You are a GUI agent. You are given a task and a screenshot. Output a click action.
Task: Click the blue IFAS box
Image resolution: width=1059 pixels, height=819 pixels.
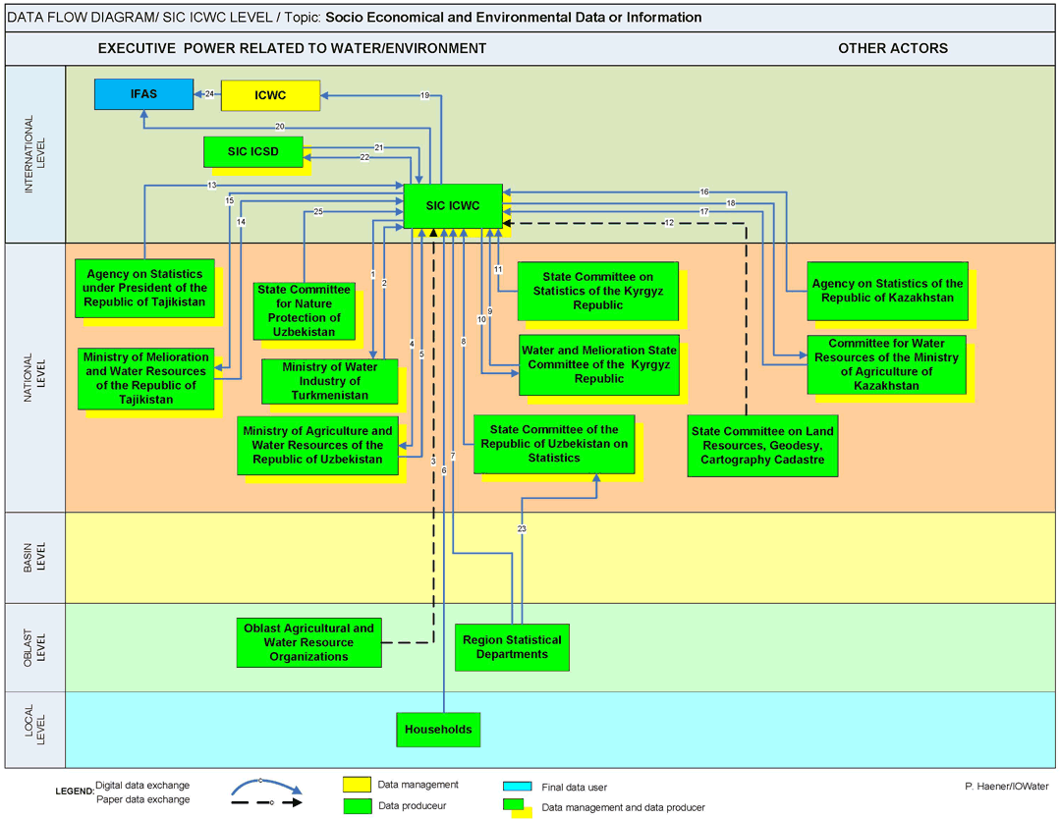(x=144, y=94)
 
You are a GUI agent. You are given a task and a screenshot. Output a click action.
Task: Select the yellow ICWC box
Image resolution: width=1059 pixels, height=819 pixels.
(x=270, y=95)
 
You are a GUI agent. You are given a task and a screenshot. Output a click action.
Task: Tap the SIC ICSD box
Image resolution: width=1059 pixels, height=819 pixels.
(x=252, y=152)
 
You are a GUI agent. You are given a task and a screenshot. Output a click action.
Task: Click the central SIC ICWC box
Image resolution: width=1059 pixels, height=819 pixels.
(x=453, y=206)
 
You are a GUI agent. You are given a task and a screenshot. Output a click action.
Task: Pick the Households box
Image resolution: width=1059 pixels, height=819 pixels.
(x=438, y=730)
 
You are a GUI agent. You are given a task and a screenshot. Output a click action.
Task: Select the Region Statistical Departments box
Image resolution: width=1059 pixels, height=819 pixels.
(x=512, y=647)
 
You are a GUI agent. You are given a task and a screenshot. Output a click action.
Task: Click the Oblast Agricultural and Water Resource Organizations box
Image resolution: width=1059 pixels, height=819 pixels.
(x=308, y=642)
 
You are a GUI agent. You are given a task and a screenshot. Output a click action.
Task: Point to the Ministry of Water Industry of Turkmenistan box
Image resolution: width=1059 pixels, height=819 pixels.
(x=330, y=381)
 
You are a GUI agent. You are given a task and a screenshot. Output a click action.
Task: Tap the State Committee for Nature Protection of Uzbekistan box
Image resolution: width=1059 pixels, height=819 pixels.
(x=304, y=310)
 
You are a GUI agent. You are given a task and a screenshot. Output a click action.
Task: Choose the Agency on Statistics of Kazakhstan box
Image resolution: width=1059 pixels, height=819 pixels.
(x=887, y=291)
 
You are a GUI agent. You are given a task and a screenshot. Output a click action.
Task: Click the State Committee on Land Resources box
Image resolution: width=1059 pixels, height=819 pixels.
(x=762, y=445)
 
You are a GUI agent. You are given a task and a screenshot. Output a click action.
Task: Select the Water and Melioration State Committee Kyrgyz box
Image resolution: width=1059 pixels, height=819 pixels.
(x=599, y=364)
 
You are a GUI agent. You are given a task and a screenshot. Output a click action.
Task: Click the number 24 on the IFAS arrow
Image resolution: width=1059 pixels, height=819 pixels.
(x=210, y=94)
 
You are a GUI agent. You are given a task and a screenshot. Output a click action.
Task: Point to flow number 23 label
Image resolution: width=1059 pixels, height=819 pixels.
(x=522, y=528)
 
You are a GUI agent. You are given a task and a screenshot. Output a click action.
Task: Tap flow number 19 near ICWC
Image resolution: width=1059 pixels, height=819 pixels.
(x=425, y=95)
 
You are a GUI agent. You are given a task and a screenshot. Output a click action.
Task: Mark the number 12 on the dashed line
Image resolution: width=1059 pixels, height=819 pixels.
(x=669, y=223)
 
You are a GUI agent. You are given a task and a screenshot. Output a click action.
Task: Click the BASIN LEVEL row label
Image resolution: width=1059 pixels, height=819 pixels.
(x=34, y=558)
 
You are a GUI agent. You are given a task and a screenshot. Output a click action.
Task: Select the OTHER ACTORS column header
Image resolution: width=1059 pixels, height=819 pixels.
(x=892, y=48)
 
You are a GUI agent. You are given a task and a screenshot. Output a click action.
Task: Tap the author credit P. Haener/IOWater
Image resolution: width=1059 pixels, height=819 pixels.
(x=1006, y=786)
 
